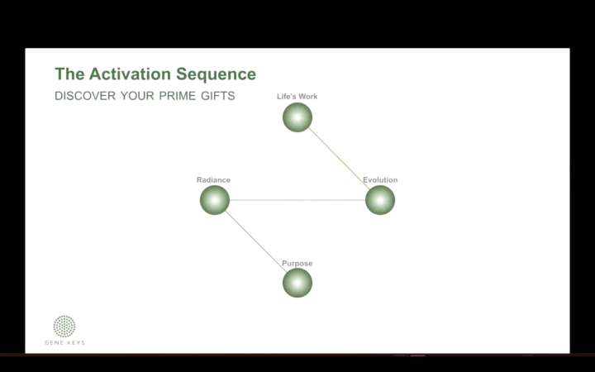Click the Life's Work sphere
[x=297, y=117]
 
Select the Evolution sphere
[x=380, y=200]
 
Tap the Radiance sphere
[x=215, y=200]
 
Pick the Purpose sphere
[x=297, y=283]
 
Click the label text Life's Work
[x=297, y=97]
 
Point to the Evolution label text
[x=380, y=180]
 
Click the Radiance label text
[x=213, y=180]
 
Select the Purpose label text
[x=297, y=264]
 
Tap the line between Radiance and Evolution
[x=297, y=200]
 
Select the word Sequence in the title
[x=219, y=74]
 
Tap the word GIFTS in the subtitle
[x=219, y=96]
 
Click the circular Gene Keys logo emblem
[x=64, y=326]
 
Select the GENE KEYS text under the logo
[x=64, y=342]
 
